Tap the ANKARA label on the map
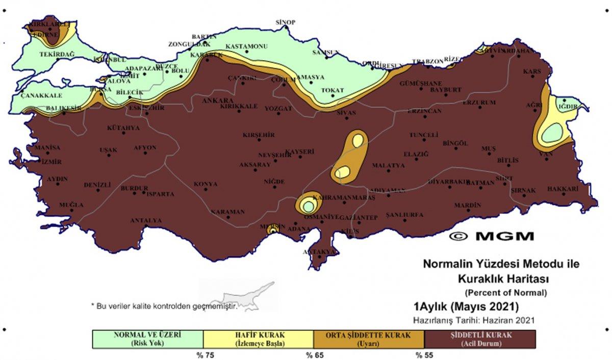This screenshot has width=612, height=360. pos(218,101)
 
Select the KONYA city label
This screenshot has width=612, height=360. pos(206,184)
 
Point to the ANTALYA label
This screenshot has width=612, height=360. pos(146,221)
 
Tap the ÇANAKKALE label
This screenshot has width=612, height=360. pos(41,95)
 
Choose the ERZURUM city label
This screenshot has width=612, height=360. pos(479,102)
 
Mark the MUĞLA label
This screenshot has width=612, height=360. pos(71,205)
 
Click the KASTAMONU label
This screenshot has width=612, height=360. pos(246,46)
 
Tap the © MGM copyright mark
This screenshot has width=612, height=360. pos(493,236)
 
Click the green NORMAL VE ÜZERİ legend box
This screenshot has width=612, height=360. pos(147,339)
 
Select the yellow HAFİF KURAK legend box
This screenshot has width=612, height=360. pos(258,339)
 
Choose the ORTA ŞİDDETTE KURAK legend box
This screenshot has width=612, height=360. pos(368,339)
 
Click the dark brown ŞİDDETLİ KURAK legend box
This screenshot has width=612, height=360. pos(479,339)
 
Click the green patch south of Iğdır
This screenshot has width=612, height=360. pos(552,134)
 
